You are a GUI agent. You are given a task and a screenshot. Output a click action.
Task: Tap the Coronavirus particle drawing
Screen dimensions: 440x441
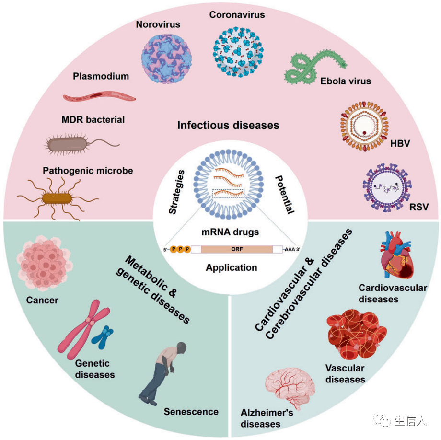238,51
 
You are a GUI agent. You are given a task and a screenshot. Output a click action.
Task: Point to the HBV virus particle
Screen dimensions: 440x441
365,127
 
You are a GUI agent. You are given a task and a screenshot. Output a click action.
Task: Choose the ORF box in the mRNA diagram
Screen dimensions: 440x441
236,249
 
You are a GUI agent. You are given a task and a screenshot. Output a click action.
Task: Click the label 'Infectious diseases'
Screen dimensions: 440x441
228,126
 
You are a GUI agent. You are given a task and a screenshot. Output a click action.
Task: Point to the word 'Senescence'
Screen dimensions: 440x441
191,412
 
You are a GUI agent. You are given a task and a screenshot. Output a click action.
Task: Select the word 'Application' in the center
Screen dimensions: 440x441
232,267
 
